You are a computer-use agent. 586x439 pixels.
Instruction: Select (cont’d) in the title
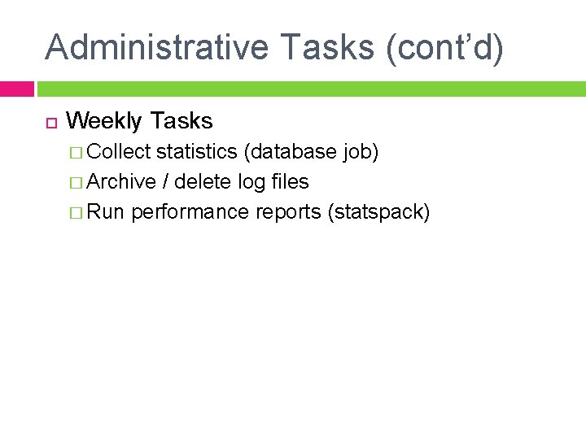(x=445, y=47)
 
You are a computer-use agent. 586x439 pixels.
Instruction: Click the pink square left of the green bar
(x=16, y=89)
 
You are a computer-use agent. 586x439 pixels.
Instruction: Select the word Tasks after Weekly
(x=181, y=122)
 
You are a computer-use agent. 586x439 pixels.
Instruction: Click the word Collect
(x=118, y=152)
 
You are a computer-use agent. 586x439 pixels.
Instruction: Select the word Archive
(x=120, y=182)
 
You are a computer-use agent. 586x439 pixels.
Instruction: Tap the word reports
(x=288, y=213)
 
